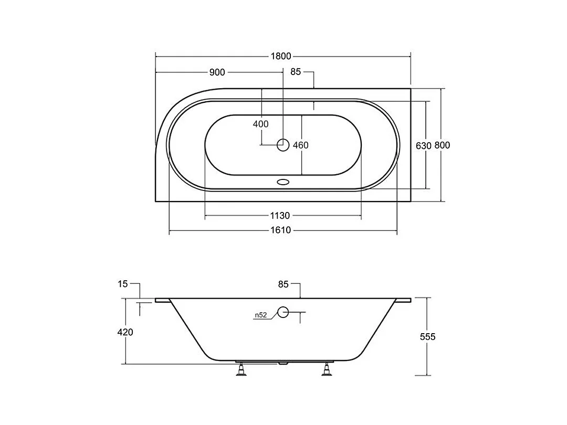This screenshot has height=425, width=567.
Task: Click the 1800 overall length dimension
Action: pyautogui.click(x=281, y=56)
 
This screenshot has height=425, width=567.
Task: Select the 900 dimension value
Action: pyautogui.click(x=217, y=72)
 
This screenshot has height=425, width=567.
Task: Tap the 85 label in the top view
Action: pyautogui.click(x=296, y=72)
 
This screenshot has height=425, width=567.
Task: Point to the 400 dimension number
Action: pyautogui.click(x=261, y=124)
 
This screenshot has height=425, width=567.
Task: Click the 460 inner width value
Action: pyautogui.click(x=300, y=145)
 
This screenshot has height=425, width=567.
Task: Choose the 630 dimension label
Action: pyautogui.click(x=424, y=146)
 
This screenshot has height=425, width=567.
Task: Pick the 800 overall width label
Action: pyautogui.click(x=442, y=145)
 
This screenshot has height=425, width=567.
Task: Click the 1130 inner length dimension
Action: pyautogui.click(x=280, y=216)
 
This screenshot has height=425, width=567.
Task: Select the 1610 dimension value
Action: pyautogui.click(x=280, y=230)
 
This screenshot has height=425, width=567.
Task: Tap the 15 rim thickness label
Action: pyautogui.click(x=122, y=284)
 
